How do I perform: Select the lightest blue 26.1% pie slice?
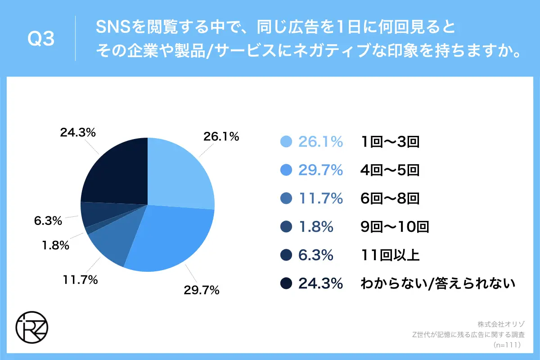[180, 173]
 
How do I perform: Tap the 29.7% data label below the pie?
[201, 290]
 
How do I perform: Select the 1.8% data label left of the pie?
[54, 246]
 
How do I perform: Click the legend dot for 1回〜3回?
[286, 142]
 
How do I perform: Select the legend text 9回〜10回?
[395, 227]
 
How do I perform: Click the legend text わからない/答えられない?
[437, 283]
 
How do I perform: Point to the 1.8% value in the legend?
[316, 227]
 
